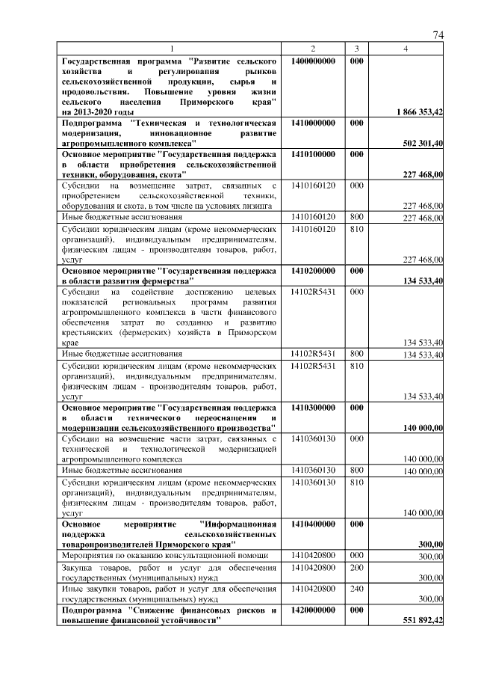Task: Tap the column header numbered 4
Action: pos(406,49)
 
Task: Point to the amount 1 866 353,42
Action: pos(419,111)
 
